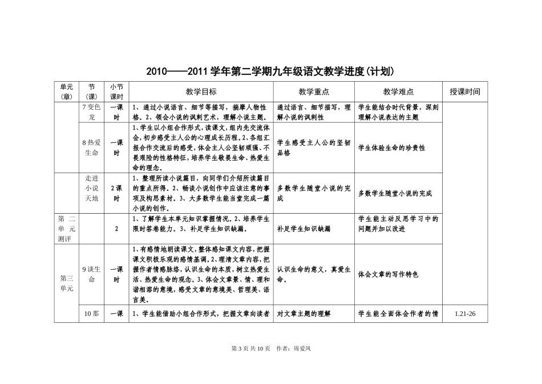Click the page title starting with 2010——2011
271,72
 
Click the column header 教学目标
201,91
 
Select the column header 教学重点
314,91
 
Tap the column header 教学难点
398,91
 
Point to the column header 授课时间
464,91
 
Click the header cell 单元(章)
67,91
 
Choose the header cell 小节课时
116,91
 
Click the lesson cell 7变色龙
91,112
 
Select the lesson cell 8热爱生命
91,147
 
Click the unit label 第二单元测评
67,229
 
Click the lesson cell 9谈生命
91,274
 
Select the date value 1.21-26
464,314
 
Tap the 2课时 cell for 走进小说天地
116,193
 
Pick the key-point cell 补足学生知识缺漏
304,229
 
